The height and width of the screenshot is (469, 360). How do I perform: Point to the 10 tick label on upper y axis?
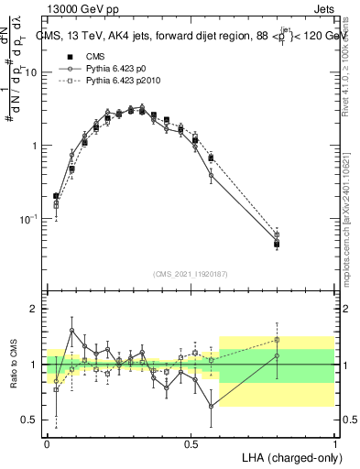click(34, 72)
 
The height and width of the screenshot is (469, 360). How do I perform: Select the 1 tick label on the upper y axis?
click(37, 146)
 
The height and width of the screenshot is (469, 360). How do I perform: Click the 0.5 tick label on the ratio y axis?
click(32, 420)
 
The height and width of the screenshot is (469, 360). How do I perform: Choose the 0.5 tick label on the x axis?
click(191, 443)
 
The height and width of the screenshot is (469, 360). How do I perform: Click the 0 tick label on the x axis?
click(47, 443)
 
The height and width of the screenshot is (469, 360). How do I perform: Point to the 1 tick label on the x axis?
click(334, 443)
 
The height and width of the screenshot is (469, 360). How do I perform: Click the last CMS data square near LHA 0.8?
click(277, 244)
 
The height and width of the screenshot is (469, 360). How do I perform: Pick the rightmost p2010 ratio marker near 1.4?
click(277, 340)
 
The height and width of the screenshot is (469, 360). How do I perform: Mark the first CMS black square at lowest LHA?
click(57, 196)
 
